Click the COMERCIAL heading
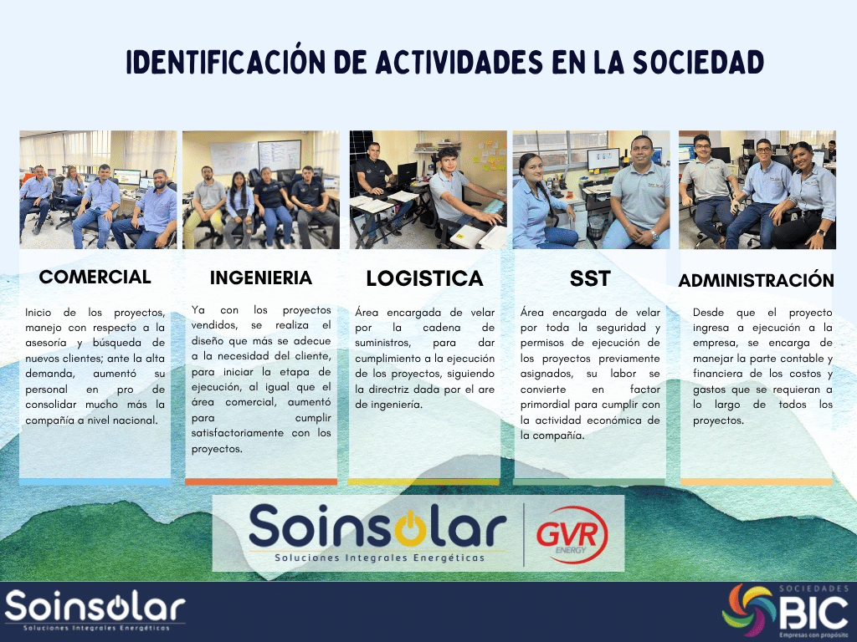tap(95, 277)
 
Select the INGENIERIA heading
tap(261, 278)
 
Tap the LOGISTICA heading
tap(424, 278)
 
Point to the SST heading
tap(590, 278)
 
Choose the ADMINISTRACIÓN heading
tap(757, 280)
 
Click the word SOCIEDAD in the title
tap(699, 62)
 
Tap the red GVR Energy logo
tap(572, 534)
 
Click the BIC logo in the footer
tap(786, 610)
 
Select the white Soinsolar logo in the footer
tap(95, 609)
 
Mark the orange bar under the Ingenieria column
tap(261, 481)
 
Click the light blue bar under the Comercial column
tap(95, 481)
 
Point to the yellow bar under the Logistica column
tap(423, 481)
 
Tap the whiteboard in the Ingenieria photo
tap(255, 156)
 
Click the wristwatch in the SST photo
tap(654, 236)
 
